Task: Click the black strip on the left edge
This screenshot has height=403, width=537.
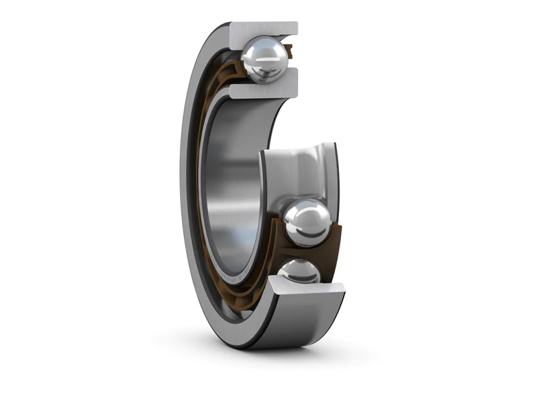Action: click(34, 201)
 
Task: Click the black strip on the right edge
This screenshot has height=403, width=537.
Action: click(503, 201)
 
